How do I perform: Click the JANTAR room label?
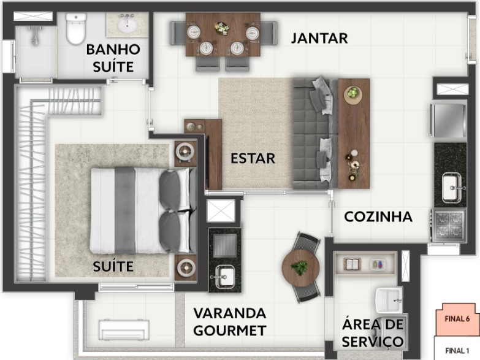[319, 38]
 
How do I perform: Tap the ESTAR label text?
[253, 158]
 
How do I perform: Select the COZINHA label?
[378, 216]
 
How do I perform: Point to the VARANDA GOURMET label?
[230, 322]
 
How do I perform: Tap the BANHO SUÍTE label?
[113, 58]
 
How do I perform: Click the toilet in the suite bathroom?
[76, 29]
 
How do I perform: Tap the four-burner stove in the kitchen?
[449, 224]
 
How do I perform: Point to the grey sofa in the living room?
[314, 133]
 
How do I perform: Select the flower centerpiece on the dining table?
[222, 28]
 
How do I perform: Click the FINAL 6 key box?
[457, 319]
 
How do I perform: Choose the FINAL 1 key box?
[457, 350]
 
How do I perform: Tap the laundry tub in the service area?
[388, 299]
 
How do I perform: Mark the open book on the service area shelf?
[353, 264]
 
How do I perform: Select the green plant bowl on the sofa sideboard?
[353, 93]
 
